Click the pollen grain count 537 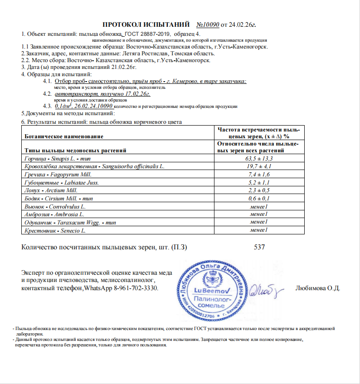click(x=259, y=248)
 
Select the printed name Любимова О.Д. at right click(x=317, y=288)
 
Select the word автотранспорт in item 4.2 click(x=74, y=93)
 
